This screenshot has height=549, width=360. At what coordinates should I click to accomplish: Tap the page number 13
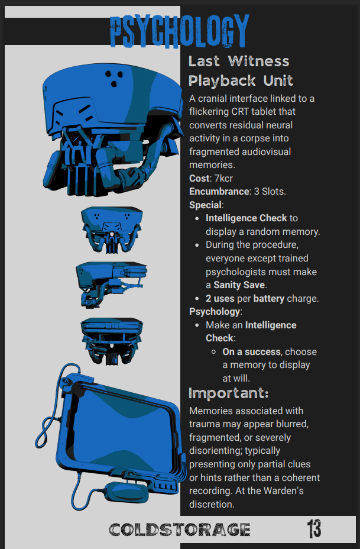point(314,528)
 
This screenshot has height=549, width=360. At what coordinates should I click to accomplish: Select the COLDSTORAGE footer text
point(180,529)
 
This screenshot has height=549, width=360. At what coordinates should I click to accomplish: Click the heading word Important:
point(228,393)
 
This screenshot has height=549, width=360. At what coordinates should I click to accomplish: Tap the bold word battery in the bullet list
point(269,299)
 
